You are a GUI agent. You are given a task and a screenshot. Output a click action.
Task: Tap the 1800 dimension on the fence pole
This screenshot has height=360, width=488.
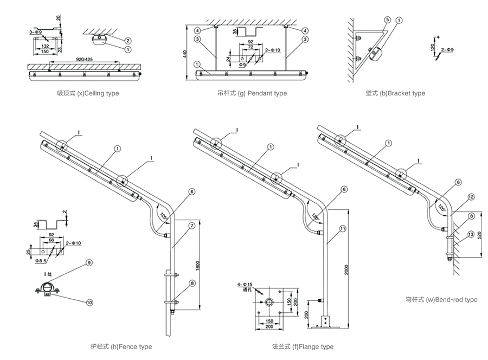tap(198, 266)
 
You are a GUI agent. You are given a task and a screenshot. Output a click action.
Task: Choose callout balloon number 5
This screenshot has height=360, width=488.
tap(387, 20)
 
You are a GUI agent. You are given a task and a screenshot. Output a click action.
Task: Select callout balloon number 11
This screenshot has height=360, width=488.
tap(342, 229)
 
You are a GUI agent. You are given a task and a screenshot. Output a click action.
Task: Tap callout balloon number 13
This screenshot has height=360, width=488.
tap(470, 234)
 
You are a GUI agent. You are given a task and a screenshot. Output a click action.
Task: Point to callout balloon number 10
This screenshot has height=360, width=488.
tap(89, 301)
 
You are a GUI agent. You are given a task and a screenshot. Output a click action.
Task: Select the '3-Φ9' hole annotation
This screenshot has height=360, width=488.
tap(36, 33)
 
